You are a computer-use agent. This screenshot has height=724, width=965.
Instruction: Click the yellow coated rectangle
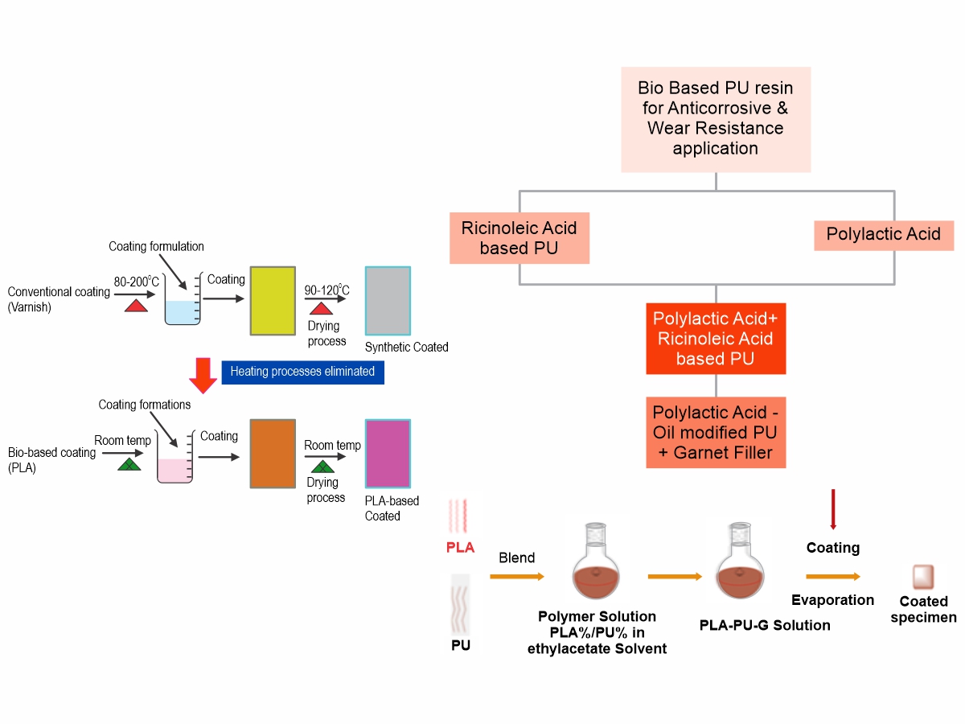point(273,301)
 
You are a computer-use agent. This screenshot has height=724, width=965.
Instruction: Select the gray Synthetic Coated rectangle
point(388,301)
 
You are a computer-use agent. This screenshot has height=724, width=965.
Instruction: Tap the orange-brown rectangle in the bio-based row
point(273,454)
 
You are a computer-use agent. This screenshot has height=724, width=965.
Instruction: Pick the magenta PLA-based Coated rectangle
point(388,454)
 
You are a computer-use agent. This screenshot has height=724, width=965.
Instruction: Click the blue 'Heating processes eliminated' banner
point(302,372)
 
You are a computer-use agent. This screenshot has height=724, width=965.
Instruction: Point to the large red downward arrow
point(203,376)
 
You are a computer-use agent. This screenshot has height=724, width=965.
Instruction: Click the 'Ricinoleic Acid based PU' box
point(519,238)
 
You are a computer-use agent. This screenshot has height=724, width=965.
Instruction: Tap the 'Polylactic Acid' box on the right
point(884,235)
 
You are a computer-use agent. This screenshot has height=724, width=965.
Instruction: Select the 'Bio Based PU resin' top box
point(716,119)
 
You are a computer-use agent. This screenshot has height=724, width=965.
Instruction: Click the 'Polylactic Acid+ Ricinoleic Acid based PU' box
point(716,339)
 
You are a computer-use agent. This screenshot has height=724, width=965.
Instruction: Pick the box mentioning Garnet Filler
point(716,433)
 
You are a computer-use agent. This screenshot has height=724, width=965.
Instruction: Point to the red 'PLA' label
point(460,547)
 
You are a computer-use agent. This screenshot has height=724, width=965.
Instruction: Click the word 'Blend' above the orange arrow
point(516,557)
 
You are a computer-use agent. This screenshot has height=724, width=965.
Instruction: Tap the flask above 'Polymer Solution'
point(596,561)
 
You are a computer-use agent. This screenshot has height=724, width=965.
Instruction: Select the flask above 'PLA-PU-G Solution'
point(741,561)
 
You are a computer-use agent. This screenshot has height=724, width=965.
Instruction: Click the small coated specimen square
point(923,576)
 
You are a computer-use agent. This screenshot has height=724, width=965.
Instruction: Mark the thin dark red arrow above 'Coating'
point(832,509)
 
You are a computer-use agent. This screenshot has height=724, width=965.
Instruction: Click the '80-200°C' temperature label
point(136,282)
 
